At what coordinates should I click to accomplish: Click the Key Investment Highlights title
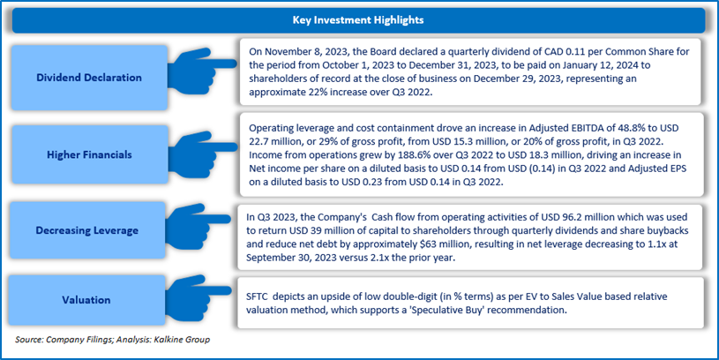pos(358,20)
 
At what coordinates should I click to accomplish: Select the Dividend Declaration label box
pos(89,78)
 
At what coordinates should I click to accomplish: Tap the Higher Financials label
pos(89,155)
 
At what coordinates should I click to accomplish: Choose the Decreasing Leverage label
pos(87,230)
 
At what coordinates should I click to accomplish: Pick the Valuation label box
pos(86,300)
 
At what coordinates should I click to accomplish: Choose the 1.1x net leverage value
pos(659,244)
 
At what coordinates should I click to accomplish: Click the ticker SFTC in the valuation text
pos(257,296)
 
